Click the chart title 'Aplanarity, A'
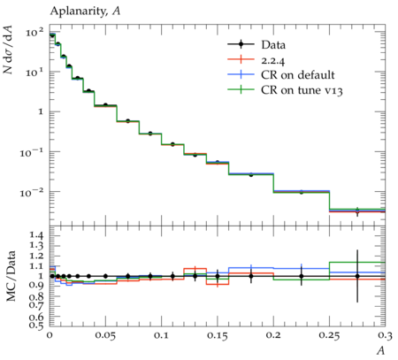[x=85, y=11]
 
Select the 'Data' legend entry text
[x=273, y=45]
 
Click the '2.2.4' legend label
[x=273, y=60]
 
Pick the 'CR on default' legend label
[x=298, y=75]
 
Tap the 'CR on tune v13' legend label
[x=302, y=90]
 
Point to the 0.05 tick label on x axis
[x=105, y=335]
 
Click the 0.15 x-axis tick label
[x=218, y=335]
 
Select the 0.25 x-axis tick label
[x=329, y=335]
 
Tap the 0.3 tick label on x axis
[x=385, y=335]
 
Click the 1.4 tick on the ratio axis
[x=36, y=235]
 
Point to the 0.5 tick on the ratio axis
[x=36, y=325]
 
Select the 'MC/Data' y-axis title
[x=11, y=276]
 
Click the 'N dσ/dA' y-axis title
[x=8, y=50]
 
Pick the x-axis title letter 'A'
[x=381, y=351]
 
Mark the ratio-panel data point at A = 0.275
[x=357, y=276]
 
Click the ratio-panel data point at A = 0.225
[x=302, y=276]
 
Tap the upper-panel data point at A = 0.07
[x=127, y=121]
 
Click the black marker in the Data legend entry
[x=241, y=44]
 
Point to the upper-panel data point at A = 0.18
[x=251, y=175]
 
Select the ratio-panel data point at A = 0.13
[x=195, y=276]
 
